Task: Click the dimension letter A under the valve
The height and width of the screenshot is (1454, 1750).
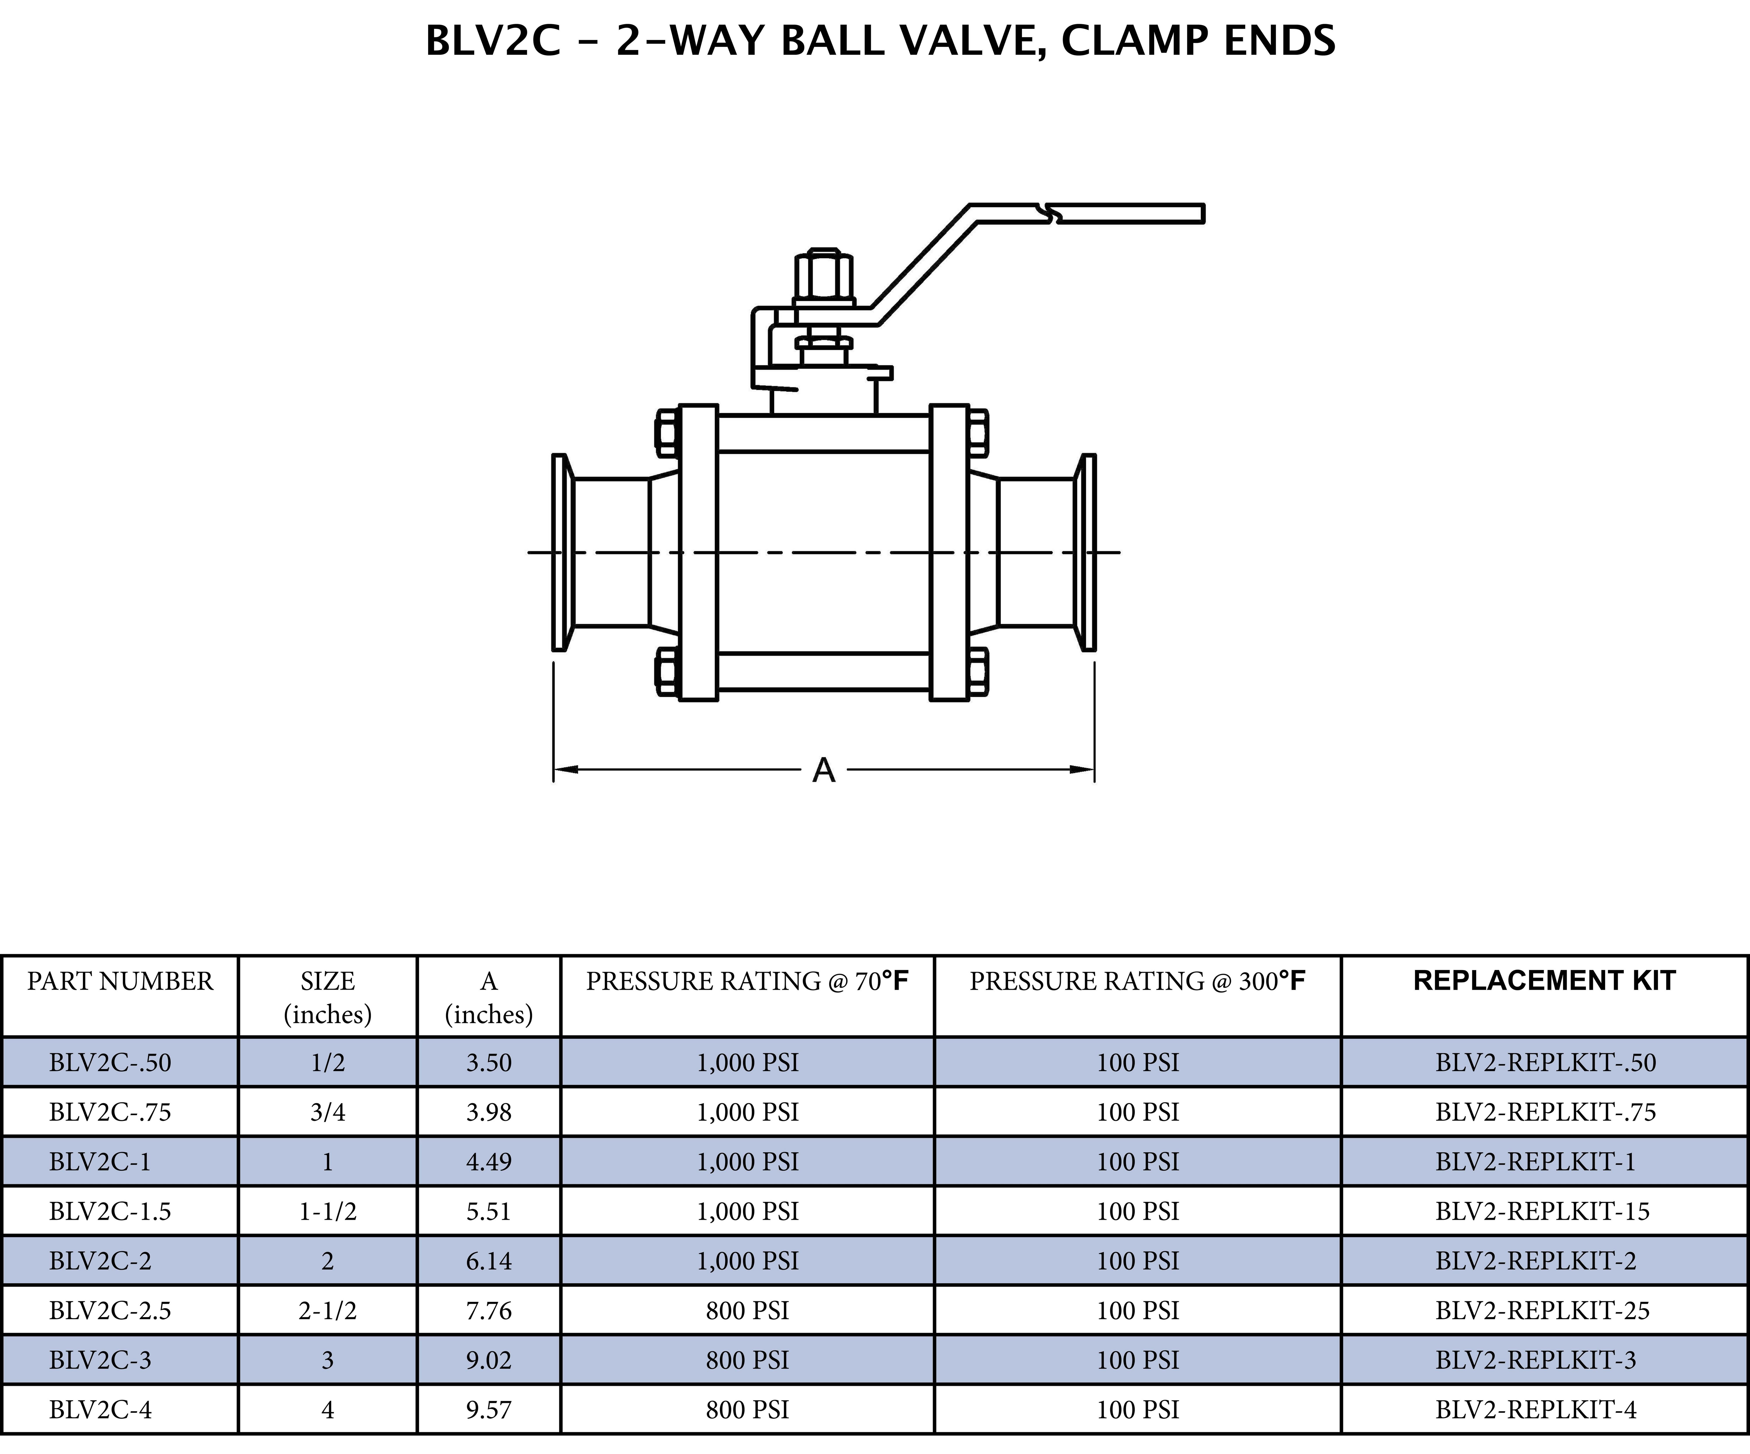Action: (x=823, y=770)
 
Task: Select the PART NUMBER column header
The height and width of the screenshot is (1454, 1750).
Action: (x=120, y=982)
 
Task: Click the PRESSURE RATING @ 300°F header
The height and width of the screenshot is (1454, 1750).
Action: (x=1137, y=982)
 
